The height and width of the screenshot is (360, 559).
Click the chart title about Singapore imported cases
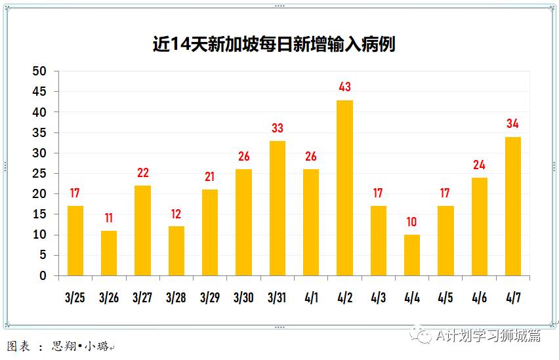click(274, 44)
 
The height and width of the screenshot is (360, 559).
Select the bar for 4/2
click(344, 188)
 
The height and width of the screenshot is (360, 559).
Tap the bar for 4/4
click(412, 255)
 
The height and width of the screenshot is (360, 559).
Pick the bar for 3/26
click(109, 253)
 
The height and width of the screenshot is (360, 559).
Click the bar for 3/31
click(278, 208)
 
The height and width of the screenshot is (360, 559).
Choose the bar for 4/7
click(513, 206)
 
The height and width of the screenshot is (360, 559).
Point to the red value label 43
click(344, 87)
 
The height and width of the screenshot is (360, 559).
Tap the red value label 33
click(278, 128)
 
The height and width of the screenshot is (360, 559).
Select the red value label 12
click(176, 213)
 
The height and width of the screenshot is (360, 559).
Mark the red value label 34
click(513, 123)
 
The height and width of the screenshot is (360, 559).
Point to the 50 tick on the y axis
click(41, 71)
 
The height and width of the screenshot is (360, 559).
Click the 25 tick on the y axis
click(41, 174)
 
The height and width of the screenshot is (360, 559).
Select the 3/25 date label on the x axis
click(75, 298)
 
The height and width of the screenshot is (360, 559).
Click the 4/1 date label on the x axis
click(311, 298)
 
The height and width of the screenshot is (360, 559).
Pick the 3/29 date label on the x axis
click(210, 298)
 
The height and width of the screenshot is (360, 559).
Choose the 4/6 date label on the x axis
click(479, 298)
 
